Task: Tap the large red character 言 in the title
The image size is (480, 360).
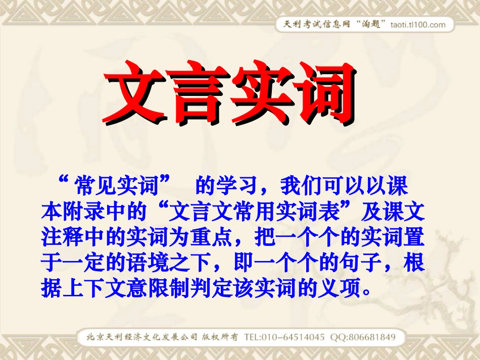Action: (x=197, y=93)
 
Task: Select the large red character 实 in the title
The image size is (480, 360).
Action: (x=260, y=93)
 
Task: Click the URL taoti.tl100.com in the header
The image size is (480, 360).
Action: (x=418, y=25)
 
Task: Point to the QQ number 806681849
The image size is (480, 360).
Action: (x=369, y=337)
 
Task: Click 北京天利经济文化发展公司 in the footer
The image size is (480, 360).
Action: (x=141, y=337)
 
